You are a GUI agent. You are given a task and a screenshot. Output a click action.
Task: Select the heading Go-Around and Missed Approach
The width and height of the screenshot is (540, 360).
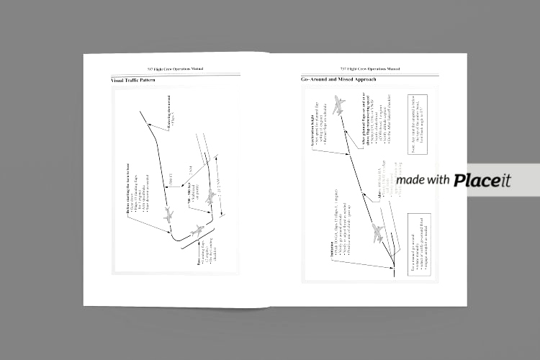[338, 79]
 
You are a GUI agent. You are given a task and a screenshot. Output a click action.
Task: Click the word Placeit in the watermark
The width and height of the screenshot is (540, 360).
[482, 180]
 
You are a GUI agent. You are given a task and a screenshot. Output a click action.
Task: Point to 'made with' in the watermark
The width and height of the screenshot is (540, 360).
[423, 180]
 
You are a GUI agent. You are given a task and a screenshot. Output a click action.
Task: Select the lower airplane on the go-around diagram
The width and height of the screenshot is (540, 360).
[377, 231]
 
